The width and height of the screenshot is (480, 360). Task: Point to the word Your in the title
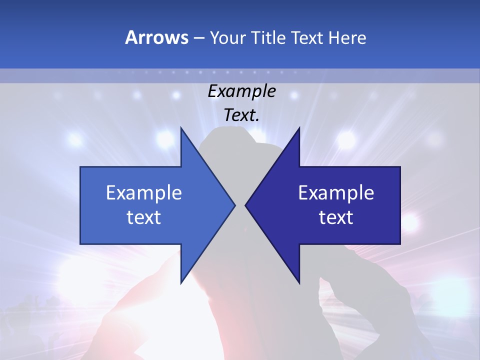(227, 37)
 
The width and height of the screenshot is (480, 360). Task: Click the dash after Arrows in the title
(198, 38)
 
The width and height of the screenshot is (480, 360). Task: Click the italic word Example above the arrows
(241, 91)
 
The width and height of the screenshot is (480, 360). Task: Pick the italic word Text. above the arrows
(241, 115)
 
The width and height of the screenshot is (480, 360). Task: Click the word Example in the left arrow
(144, 193)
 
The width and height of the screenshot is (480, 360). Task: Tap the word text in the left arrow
(144, 217)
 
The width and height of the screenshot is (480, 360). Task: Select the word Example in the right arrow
(336, 193)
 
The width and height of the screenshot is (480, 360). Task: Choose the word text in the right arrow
(336, 217)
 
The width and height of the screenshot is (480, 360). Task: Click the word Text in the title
(307, 37)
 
